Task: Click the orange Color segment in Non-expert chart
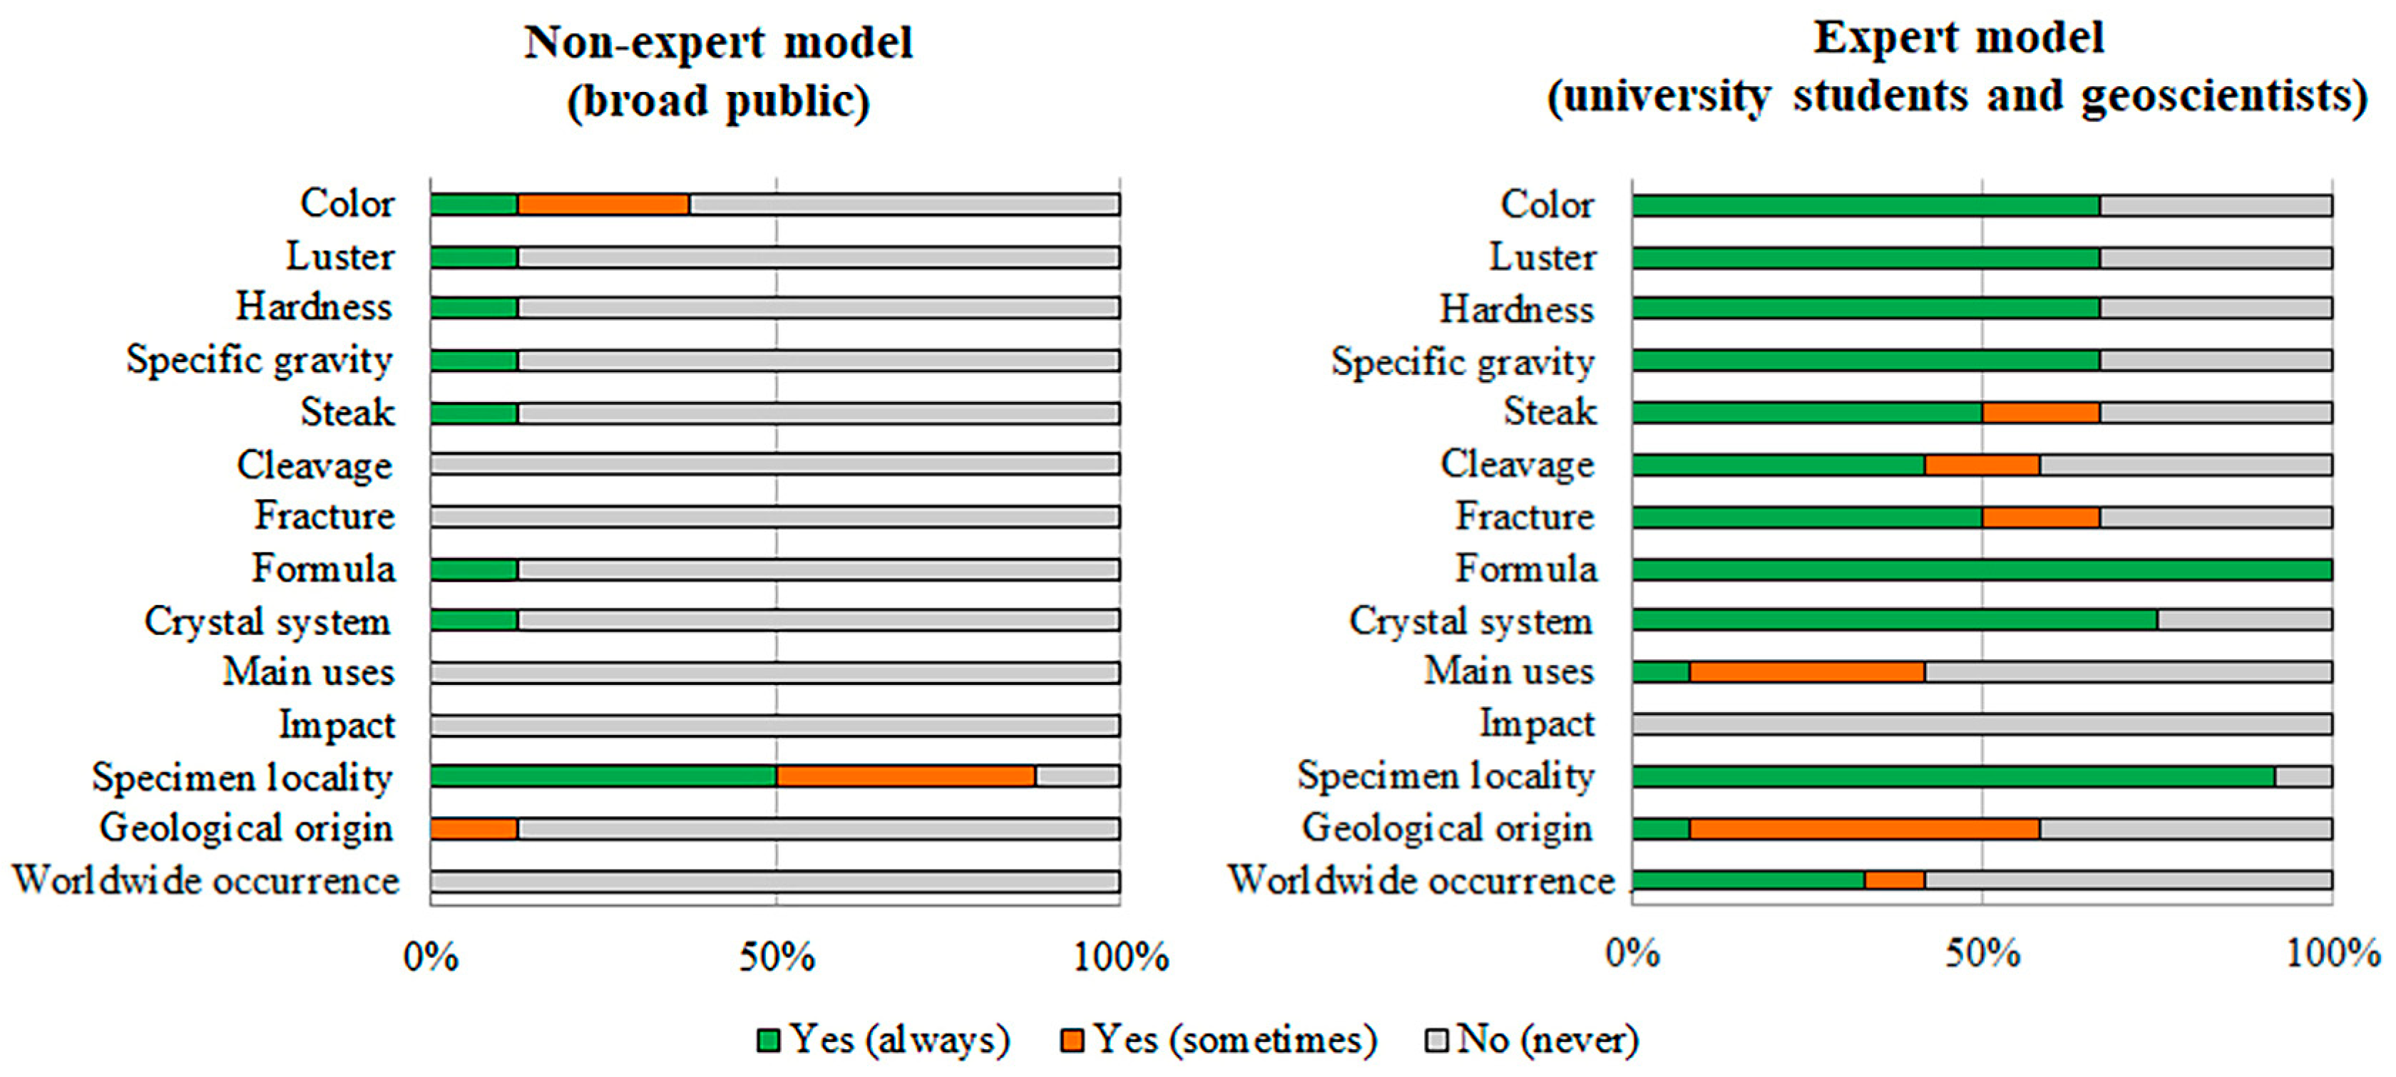click(603, 205)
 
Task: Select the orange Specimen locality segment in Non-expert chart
click(905, 775)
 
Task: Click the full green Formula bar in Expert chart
click(1981, 570)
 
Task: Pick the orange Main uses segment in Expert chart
click(1806, 671)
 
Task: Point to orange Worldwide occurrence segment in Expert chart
click(1894, 880)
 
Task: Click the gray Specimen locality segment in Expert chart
click(2303, 775)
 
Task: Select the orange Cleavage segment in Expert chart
click(1982, 464)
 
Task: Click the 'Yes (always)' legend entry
click(884, 1040)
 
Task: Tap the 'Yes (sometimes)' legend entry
click(1219, 1040)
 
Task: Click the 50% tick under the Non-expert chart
click(777, 956)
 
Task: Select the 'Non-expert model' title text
click(718, 43)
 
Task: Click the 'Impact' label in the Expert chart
click(1537, 723)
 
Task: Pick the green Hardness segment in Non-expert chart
click(473, 308)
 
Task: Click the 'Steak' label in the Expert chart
click(1550, 411)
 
